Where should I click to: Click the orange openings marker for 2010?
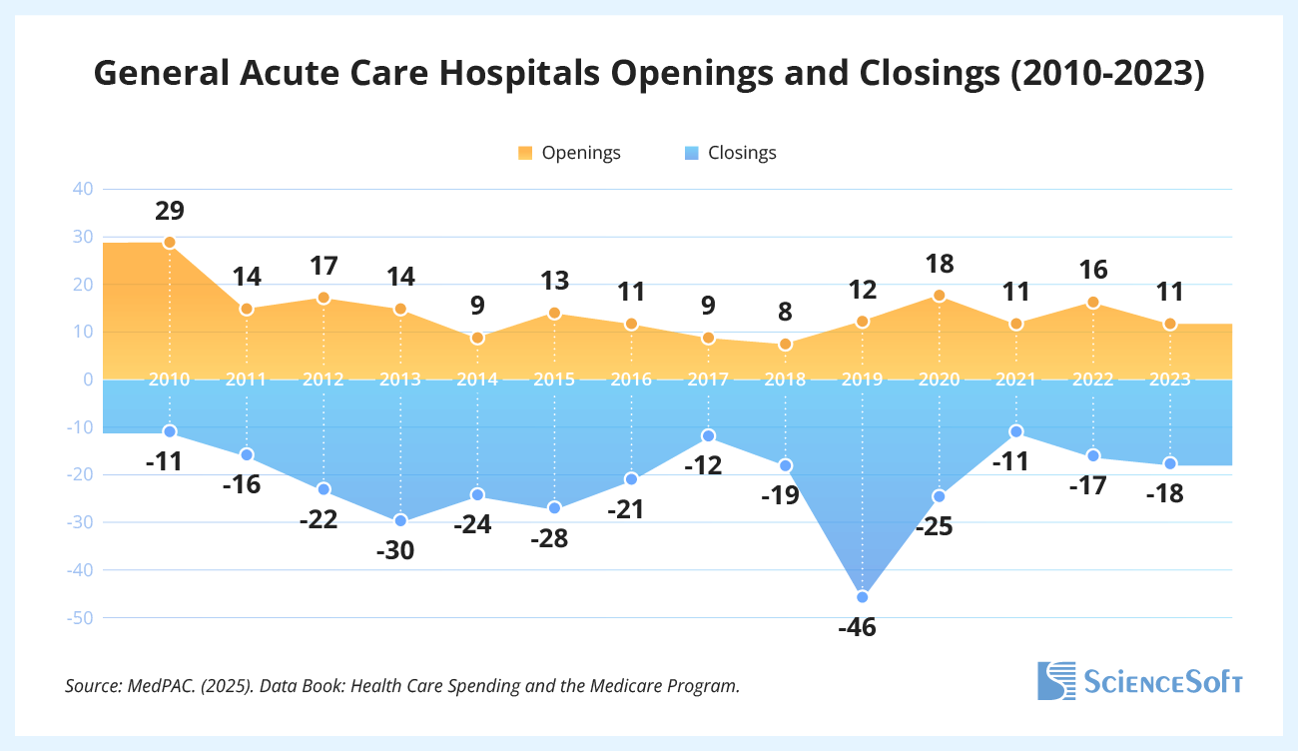coord(170,243)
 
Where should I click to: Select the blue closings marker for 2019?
coord(863,597)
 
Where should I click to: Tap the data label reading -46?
coord(863,628)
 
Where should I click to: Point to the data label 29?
coord(170,211)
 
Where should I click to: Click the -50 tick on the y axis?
coord(79,618)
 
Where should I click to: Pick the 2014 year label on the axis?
coord(477,379)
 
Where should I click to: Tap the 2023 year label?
coord(1170,379)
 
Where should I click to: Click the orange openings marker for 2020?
coord(940,296)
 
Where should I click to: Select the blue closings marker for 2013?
coord(400,520)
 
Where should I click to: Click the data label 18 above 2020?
coord(940,265)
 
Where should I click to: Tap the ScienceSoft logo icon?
coord(1056,680)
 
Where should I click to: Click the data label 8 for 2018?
coord(786,312)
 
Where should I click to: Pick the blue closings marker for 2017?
coord(709,435)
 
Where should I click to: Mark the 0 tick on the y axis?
coord(88,379)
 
